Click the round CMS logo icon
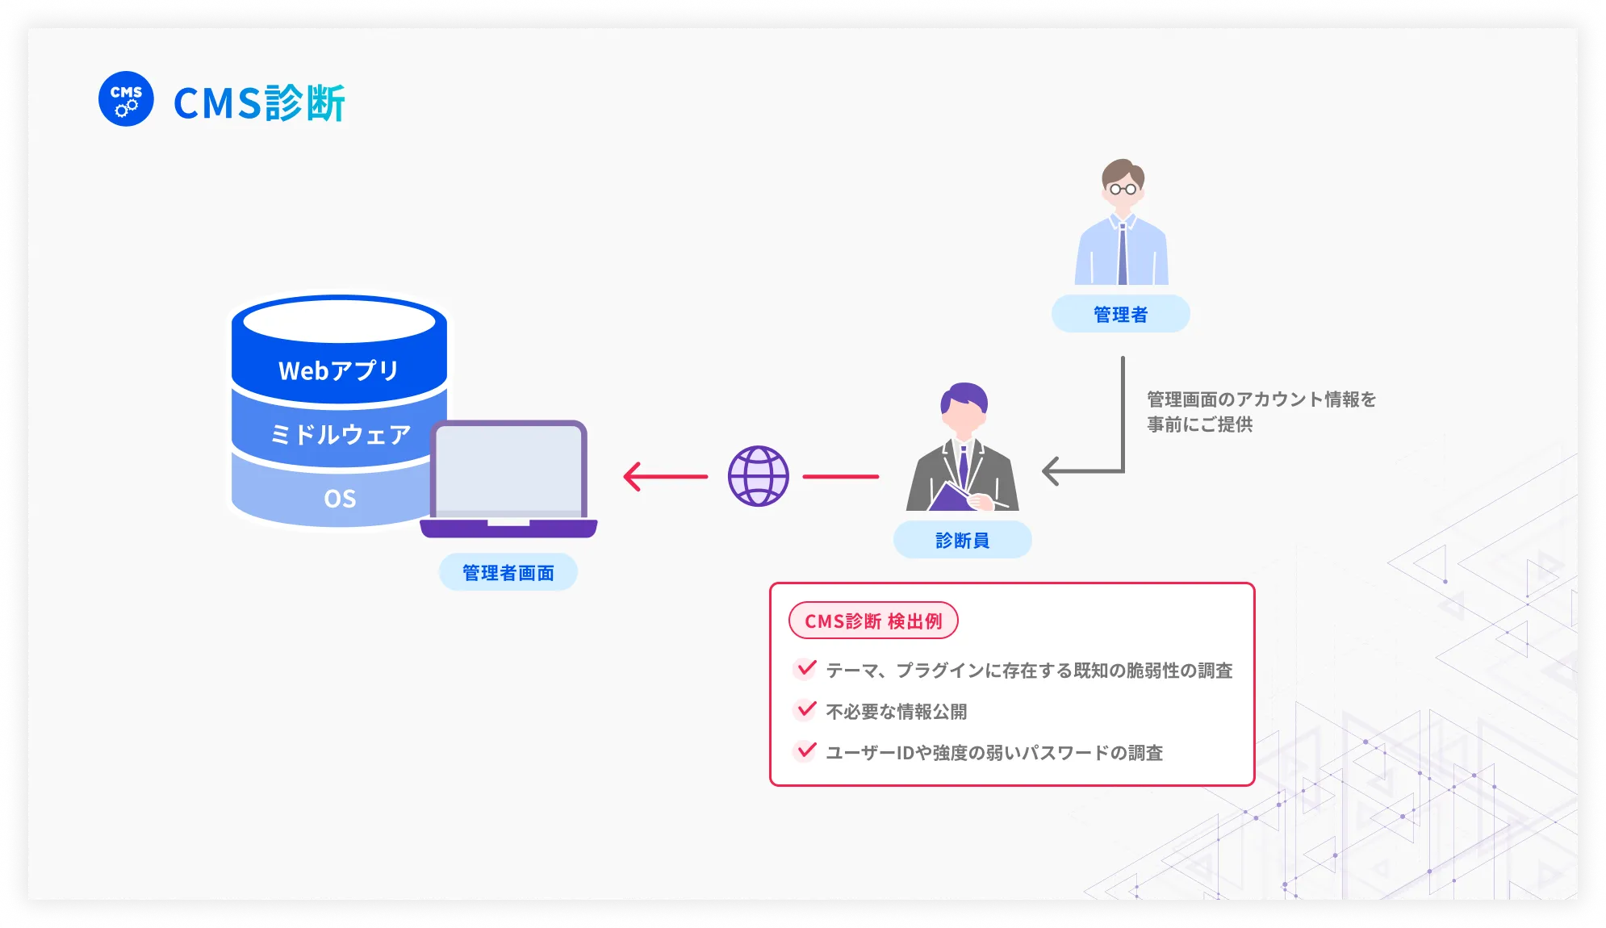(126, 99)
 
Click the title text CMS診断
(260, 103)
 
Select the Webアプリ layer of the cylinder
(338, 370)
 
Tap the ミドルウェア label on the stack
(340, 435)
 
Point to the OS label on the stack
(339, 499)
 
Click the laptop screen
(508, 470)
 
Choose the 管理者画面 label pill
(508, 573)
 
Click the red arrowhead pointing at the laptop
(633, 476)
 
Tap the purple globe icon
(758, 476)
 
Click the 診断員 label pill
(962, 541)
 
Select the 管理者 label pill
(1120, 315)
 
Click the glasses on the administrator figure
(1123, 190)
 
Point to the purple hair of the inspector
(964, 395)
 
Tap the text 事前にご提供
(1199, 424)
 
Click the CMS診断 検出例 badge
(873, 621)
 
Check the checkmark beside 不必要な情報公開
(805, 710)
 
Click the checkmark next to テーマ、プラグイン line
(805, 669)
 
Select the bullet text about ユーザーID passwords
(993, 753)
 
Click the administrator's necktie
(1122, 253)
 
